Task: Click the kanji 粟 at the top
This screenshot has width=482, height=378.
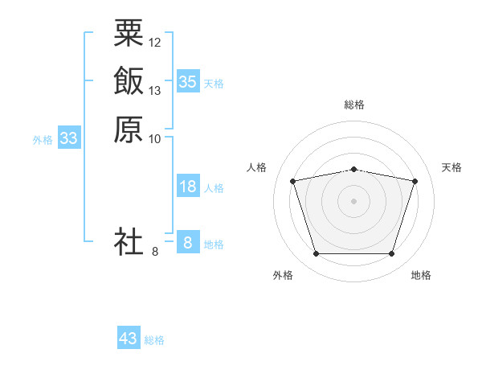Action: point(129,33)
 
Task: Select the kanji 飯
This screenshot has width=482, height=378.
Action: point(129,80)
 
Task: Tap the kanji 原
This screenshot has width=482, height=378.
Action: point(129,129)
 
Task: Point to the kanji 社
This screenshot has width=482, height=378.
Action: point(129,241)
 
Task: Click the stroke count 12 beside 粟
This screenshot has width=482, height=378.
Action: point(154,43)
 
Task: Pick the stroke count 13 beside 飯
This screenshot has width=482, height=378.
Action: point(154,91)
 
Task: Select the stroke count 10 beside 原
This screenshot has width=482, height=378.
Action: point(154,139)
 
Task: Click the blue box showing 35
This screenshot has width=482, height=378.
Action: point(188,81)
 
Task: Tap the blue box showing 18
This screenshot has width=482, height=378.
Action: point(188,186)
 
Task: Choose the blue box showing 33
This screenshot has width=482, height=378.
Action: point(69,138)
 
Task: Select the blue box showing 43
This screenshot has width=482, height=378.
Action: point(129,337)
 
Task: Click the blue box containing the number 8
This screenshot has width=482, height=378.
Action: point(188,241)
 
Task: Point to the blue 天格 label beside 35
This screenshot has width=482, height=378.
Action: point(214,84)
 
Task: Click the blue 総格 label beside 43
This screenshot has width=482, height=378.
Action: point(154,340)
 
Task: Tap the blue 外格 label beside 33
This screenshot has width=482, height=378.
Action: point(43,141)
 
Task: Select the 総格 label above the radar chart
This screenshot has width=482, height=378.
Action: point(354,105)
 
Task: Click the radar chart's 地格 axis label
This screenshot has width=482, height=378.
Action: point(421,275)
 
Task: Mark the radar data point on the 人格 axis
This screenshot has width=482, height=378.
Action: point(292,181)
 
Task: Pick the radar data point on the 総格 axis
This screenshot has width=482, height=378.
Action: point(353,170)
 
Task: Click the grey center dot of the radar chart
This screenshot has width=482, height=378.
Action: point(353,201)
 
